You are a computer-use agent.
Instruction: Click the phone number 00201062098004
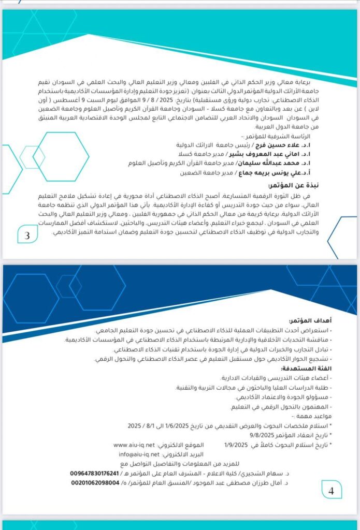pyautogui.click(x=98, y=482)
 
